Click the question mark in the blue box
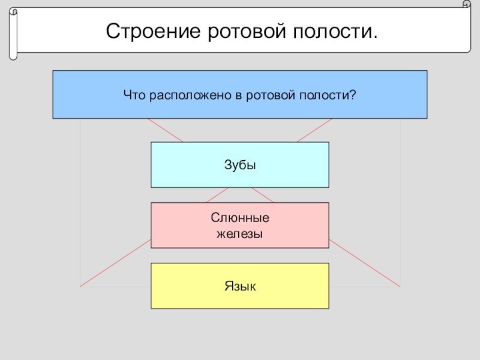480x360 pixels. [353, 94]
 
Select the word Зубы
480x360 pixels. [240, 165]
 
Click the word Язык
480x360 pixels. [240, 286]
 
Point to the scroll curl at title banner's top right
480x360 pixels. [466, 5]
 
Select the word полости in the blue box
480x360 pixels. [328, 94]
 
